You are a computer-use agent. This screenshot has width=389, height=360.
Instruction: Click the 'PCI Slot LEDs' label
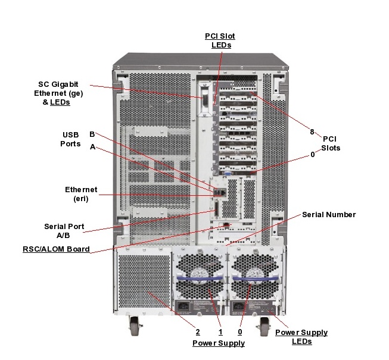(x=220, y=40)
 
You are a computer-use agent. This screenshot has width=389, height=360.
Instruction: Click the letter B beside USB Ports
(x=92, y=134)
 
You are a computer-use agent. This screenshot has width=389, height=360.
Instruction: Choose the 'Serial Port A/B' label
(x=64, y=230)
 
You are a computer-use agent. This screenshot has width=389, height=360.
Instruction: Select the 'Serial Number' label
(x=328, y=214)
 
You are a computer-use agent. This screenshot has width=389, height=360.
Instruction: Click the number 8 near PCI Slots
(x=312, y=132)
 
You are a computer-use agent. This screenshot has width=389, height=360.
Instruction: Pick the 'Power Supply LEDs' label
(x=301, y=337)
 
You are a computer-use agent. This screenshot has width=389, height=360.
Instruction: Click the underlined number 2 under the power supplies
(x=197, y=332)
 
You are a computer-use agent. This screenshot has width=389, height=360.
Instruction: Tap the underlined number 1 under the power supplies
(x=220, y=332)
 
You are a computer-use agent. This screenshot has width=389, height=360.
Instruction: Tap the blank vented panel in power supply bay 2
(x=144, y=283)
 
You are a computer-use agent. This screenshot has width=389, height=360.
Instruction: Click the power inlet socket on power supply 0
(x=239, y=308)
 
